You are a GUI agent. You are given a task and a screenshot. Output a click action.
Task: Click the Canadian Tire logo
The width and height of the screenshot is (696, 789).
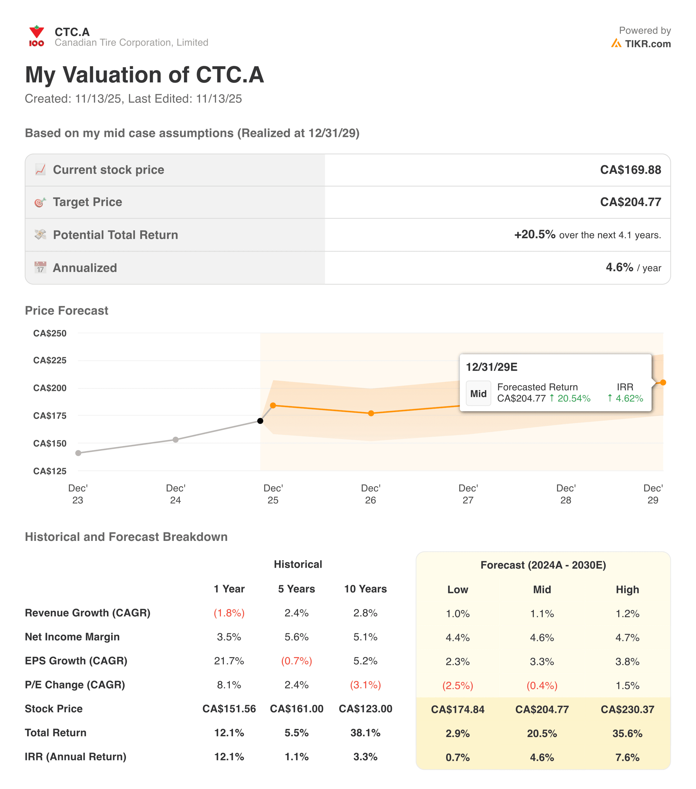point(36,36)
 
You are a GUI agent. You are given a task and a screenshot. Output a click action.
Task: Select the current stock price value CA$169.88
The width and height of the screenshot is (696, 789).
point(630,170)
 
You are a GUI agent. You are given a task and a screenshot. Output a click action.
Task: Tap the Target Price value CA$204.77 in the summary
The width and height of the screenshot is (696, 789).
point(630,202)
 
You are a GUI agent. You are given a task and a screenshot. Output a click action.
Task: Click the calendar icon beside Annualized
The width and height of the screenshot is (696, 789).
point(40,268)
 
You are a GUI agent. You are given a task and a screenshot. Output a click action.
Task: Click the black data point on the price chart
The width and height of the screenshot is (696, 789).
point(260,421)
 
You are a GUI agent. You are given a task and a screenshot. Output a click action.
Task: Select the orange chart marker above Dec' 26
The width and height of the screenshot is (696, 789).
point(371,413)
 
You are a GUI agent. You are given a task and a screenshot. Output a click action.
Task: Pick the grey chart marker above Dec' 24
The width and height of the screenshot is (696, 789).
point(176,440)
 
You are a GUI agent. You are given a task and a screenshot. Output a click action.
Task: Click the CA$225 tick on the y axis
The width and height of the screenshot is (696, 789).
point(50,360)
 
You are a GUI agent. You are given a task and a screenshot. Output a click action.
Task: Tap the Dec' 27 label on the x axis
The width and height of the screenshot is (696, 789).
point(468,494)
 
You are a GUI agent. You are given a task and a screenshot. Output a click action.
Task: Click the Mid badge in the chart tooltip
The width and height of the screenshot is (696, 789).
point(478,393)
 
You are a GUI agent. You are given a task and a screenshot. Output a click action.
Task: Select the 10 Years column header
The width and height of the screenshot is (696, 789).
point(365,589)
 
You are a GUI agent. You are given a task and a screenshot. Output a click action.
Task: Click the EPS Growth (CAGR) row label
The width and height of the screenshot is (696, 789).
point(76,661)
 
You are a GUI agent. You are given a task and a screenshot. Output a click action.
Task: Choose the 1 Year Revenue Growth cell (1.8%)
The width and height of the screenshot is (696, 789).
point(229,613)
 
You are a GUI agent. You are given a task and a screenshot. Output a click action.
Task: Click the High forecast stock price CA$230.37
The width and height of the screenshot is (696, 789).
point(627,709)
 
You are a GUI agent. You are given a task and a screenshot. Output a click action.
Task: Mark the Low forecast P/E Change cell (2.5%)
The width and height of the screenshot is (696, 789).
point(458,685)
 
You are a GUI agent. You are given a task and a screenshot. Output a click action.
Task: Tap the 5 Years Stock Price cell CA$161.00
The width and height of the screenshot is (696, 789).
point(296,709)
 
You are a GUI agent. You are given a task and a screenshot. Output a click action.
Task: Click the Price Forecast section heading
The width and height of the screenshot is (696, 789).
point(66,310)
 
